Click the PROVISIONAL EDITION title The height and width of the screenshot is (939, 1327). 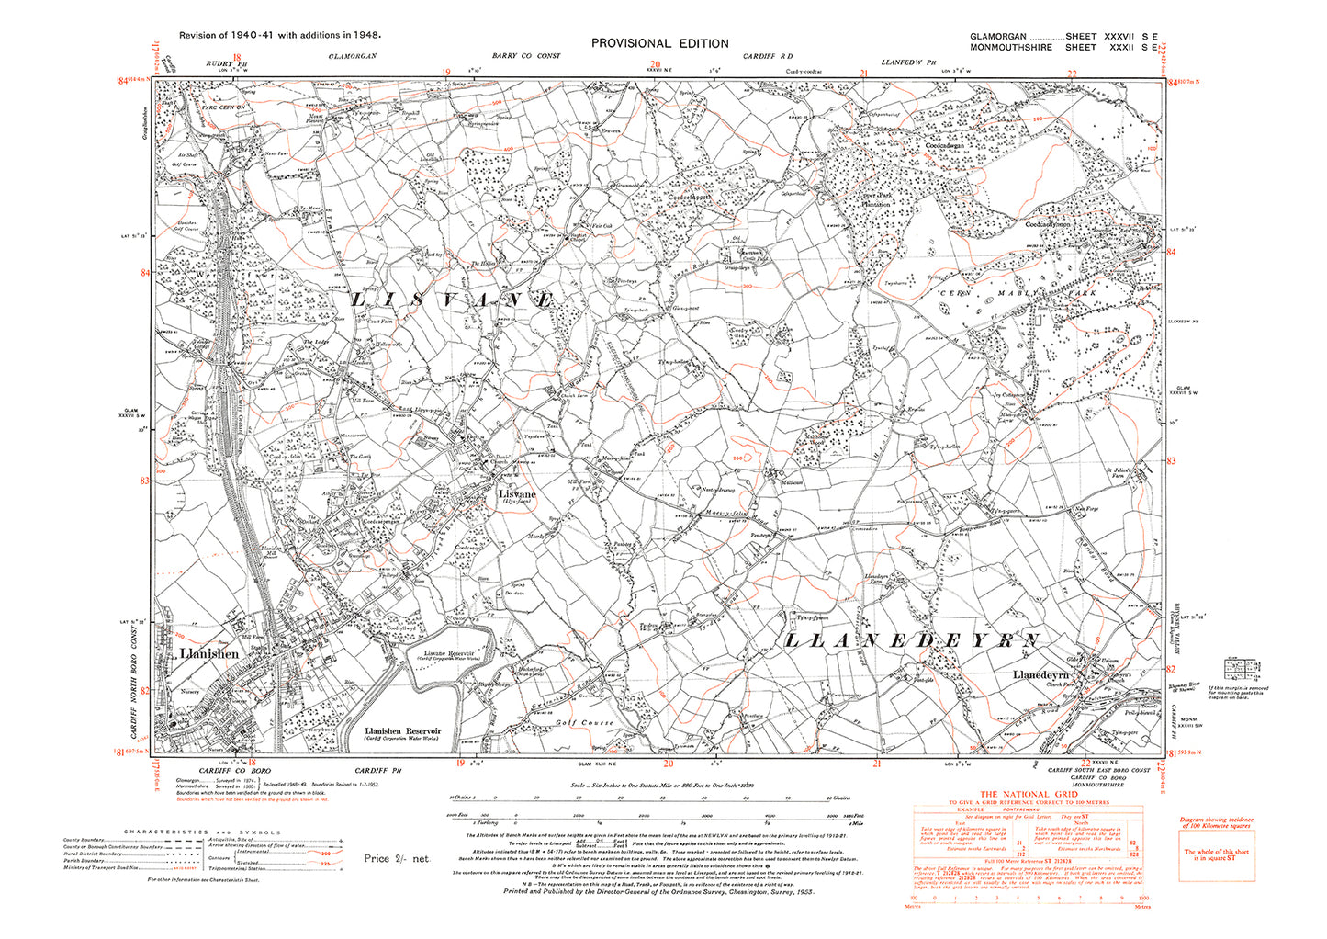pos(659,43)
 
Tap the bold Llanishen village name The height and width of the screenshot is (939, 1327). pos(209,653)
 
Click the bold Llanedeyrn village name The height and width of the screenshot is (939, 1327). pos(1043,674)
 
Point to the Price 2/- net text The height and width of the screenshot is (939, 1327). pos(397,859)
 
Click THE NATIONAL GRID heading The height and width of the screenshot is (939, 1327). pos(1026,795)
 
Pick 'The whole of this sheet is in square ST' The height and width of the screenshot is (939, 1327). pos(1215,854)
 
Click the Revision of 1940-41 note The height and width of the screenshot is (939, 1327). pos(279,35)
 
